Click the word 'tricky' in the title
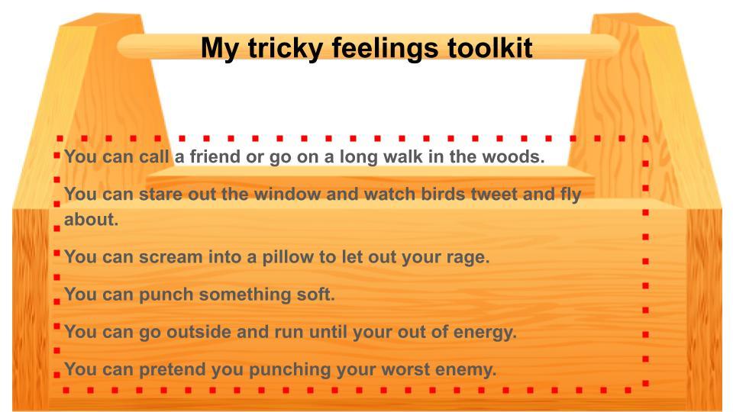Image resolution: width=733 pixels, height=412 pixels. pos(285,48)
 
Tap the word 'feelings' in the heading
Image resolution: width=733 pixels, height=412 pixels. pos(385,49)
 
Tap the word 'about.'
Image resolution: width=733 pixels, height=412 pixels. pos(91,219)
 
